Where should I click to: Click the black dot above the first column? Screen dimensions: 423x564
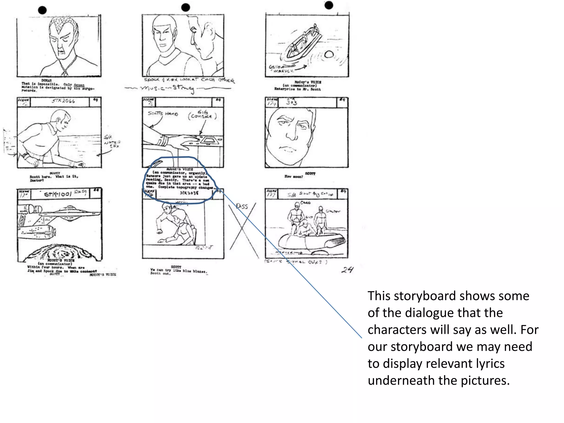pos(42,10)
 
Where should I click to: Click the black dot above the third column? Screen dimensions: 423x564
pos(329,5)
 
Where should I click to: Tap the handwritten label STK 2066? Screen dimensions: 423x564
pos(63,101)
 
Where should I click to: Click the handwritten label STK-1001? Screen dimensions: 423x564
pos(58,194)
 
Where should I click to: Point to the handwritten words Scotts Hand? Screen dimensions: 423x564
pos(163,113)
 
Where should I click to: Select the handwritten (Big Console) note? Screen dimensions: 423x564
pos(203,115)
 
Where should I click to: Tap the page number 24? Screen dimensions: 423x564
pos(347,270)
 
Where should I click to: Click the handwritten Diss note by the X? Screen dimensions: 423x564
pos(242,207)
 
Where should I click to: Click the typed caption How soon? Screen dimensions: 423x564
pos(294,177)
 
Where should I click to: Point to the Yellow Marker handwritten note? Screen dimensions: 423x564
pos(281,69)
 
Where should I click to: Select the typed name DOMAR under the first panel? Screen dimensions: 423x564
pos(47,80)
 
